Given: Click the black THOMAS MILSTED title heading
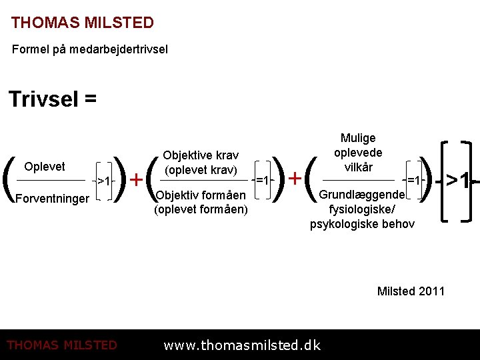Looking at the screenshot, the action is (82, 23).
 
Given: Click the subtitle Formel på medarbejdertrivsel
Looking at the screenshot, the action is (90, 49).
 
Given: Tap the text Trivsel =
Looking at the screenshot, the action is (53, 99).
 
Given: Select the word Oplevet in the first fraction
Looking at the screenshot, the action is (45, 167).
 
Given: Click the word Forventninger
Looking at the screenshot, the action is (51, 198).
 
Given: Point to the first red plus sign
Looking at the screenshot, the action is (136, 179).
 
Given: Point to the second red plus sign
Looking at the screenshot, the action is (293, 179).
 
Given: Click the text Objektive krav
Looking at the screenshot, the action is (201, 155).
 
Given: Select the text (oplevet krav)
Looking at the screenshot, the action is (201, 169).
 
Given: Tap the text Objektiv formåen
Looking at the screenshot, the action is (201, 195).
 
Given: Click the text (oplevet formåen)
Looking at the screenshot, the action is (201, 209).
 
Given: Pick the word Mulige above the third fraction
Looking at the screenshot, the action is (358, 138).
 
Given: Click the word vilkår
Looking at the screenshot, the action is (359, 167).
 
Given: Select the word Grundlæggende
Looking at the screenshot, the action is (362, 195).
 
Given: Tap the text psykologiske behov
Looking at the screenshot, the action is (362, 223).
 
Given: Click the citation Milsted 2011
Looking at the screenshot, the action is (411, 291).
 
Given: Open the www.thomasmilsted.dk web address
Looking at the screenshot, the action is (242, 345).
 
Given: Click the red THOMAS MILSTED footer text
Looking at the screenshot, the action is (61, 345).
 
